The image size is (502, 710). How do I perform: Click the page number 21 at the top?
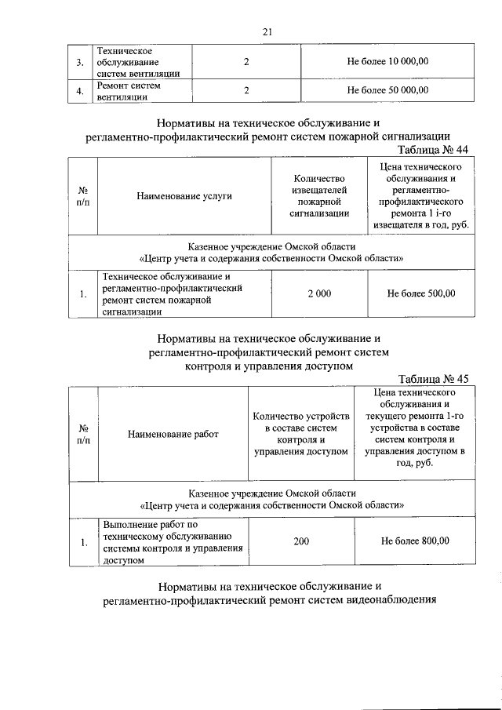click(267, 31)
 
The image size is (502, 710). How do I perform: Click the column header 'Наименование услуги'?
click(184, 196)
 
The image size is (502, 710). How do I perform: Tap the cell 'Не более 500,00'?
click(420, 294)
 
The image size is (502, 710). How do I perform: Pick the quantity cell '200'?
click(301, 541)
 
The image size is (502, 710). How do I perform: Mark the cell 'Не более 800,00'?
click(415, 541)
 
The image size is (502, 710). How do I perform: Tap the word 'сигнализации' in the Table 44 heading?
click(414, 135)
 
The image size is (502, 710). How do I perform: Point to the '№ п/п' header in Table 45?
click(83, 434)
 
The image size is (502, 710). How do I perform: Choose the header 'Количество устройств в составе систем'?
click(301, 434)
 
